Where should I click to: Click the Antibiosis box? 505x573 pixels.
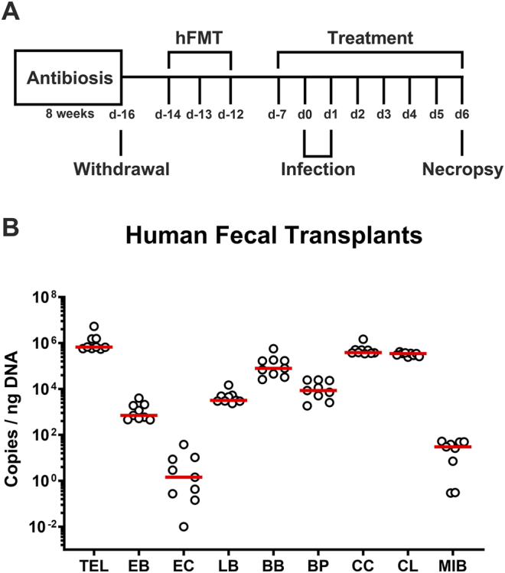click(68, 77)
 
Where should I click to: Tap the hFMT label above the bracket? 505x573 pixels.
click(199, 37)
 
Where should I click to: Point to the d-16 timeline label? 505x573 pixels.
click(120, 115)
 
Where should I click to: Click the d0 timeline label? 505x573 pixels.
click(304, 115)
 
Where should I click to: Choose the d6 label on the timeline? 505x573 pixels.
click(461, 115)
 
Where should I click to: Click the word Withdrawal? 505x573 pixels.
click(120, 168)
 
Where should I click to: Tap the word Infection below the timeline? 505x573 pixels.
click(318, 168)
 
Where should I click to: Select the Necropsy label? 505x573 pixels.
click(462, 168)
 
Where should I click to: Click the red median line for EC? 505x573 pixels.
click(184, 477)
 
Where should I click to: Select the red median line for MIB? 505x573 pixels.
click(452, 446)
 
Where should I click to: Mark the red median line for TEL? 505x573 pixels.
click(94, 347)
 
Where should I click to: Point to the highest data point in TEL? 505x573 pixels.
click(94, 326)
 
